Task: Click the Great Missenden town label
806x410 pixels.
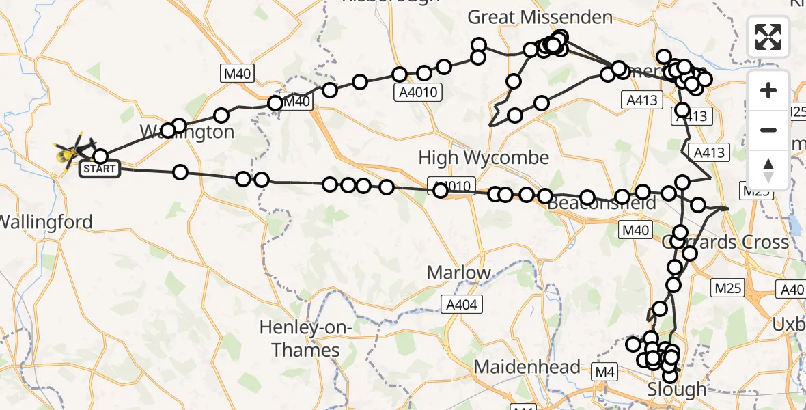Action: pos(540,17)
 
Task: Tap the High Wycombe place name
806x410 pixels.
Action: pos(484,158)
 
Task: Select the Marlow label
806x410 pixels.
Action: pos(458,273)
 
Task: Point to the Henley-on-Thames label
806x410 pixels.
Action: pos(305,339)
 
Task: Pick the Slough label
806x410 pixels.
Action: pos(677,389)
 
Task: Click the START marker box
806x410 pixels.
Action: pos(100,168)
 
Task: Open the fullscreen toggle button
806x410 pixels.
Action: pos(768,37)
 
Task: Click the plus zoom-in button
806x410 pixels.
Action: pos(768,90)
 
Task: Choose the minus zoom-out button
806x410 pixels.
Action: pos(768,130)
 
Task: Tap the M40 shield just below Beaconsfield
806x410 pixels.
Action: pos(635,230)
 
